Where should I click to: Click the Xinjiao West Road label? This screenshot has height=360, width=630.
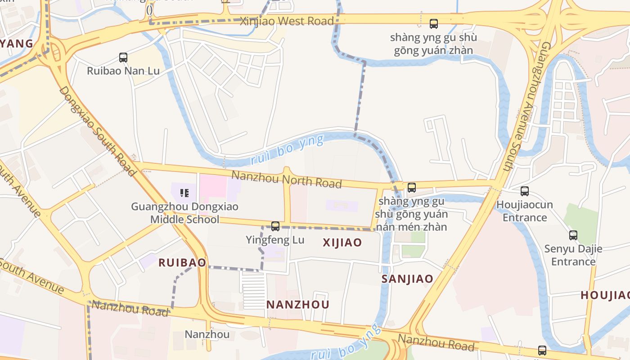287,21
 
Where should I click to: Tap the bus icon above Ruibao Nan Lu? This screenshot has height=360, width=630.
123,58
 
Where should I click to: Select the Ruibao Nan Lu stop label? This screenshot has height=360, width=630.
123,71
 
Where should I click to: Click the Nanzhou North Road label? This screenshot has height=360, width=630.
287,179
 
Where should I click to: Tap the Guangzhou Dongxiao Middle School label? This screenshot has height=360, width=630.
184,213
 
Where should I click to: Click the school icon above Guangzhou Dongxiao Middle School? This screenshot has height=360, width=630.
184,193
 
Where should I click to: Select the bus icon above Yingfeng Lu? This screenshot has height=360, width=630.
275,226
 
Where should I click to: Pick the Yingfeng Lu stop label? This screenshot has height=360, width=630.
275,240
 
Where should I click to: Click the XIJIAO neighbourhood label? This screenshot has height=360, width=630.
342,243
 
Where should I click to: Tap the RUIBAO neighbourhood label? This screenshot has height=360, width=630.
182,263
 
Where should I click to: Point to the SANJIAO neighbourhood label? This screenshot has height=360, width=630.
407,279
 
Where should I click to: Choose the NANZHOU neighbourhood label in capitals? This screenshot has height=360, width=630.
298,305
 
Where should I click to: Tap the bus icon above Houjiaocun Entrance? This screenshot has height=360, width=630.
524,191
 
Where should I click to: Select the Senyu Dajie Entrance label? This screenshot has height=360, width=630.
573,255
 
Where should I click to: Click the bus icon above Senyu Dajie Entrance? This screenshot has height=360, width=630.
573,235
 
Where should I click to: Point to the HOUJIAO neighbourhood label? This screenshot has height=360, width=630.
605,295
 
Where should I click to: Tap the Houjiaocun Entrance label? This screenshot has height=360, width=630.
524,211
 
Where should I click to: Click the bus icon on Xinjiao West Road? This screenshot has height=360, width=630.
434,23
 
